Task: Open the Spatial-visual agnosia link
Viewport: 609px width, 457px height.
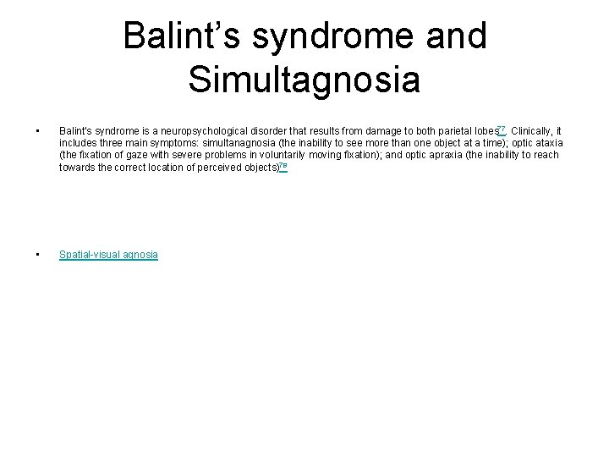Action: click(108, 255)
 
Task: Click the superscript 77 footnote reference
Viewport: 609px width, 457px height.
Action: click(502, 129)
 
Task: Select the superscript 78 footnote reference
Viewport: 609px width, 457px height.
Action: click(283, 165)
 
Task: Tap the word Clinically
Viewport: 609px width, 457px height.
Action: click(531, 132)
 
